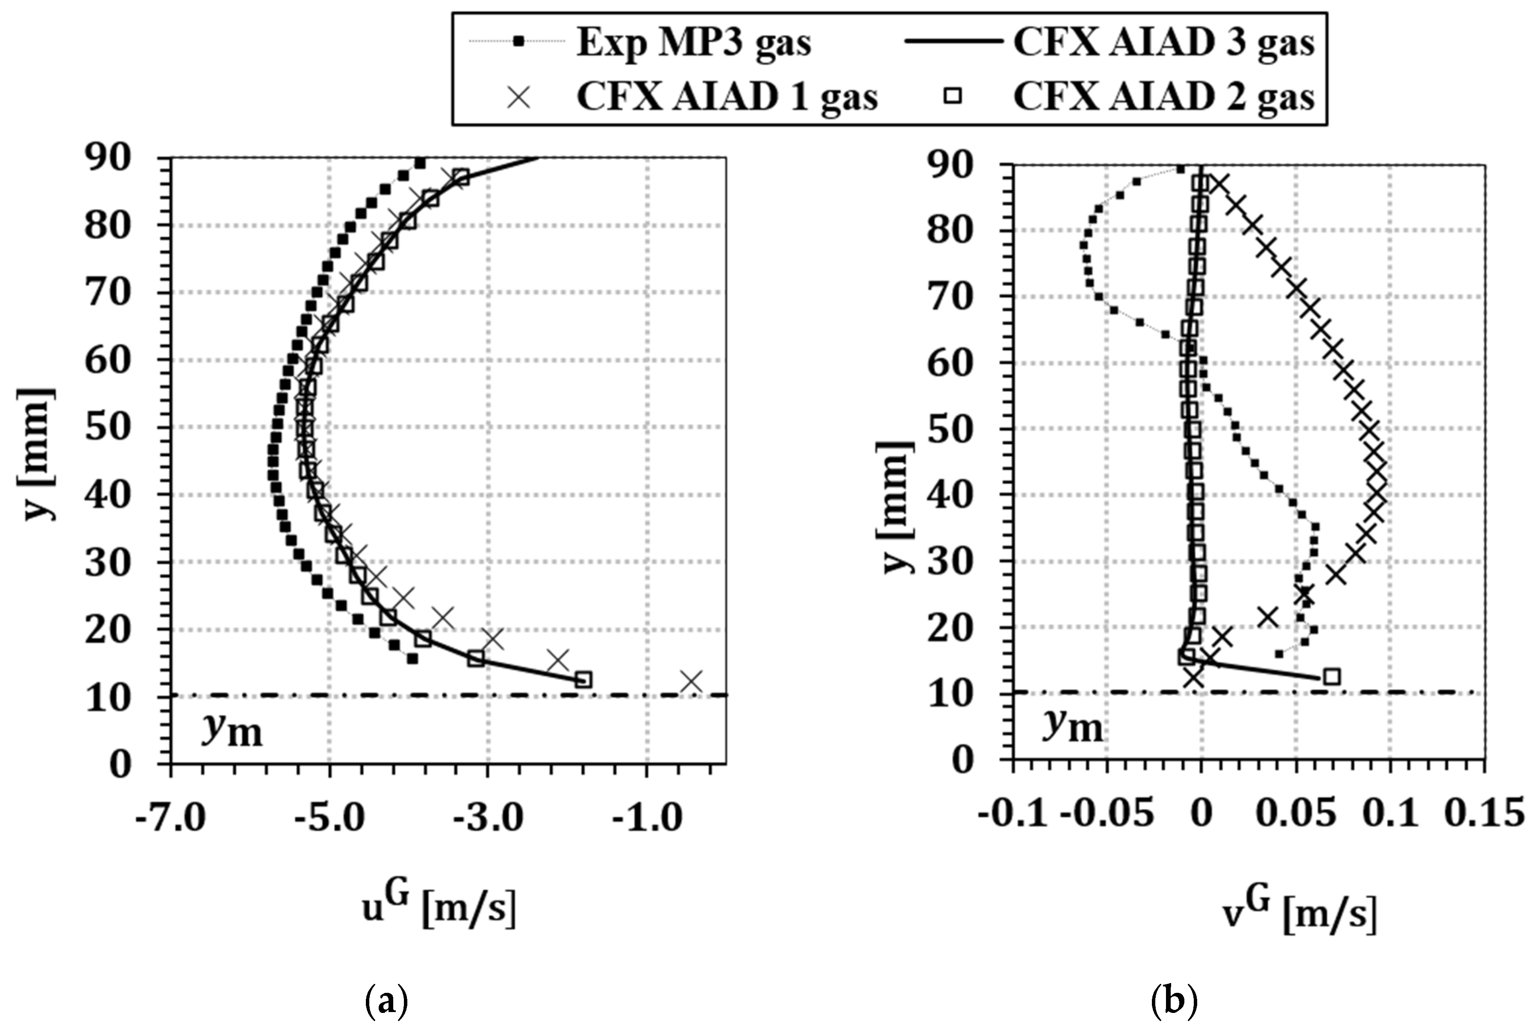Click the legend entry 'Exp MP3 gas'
[x=693, y=43]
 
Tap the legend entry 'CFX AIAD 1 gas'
[x=727, y=97]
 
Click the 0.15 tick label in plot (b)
[x=1484, y=813]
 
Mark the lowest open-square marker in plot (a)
[x=583, y=680]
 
